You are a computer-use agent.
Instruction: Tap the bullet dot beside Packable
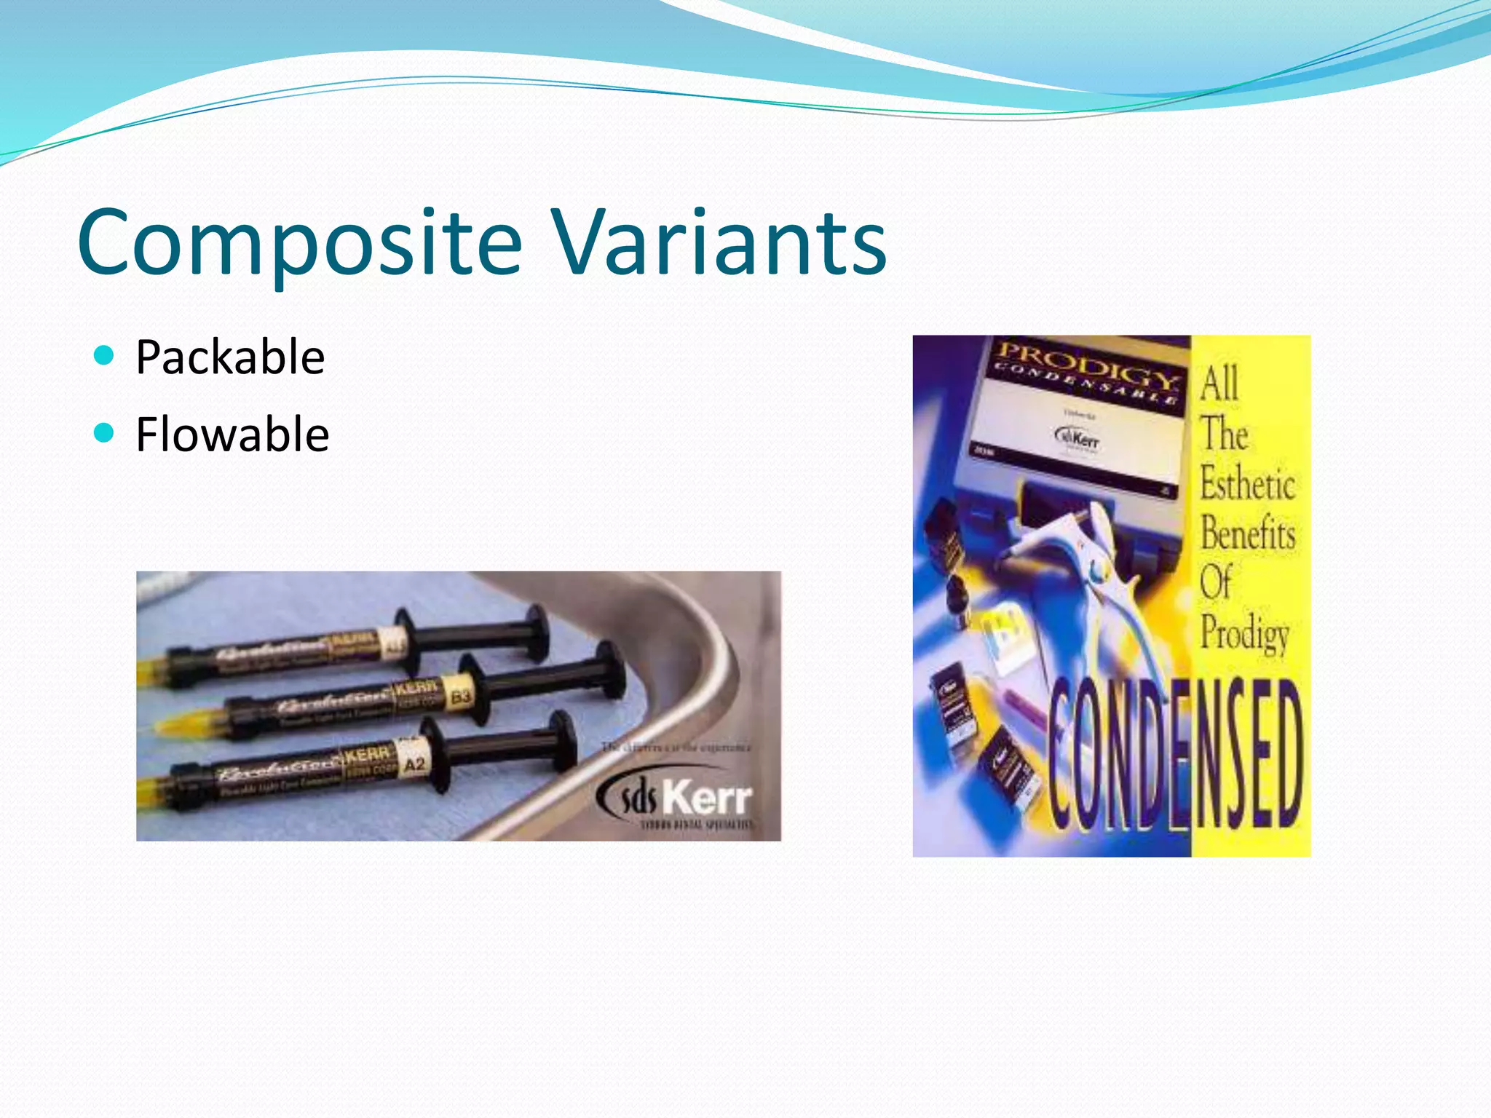[105, 355]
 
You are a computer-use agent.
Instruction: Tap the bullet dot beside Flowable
[105, 433]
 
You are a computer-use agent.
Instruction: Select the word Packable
[230, 357]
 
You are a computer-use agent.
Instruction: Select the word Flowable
[232, 435]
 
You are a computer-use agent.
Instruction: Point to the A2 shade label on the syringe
[414, 765]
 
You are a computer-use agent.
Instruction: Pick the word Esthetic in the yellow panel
[1247, 484]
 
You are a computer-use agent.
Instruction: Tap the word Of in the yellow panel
[1215, 582]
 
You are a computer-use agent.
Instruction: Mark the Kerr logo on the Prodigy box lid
[1077, 438]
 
